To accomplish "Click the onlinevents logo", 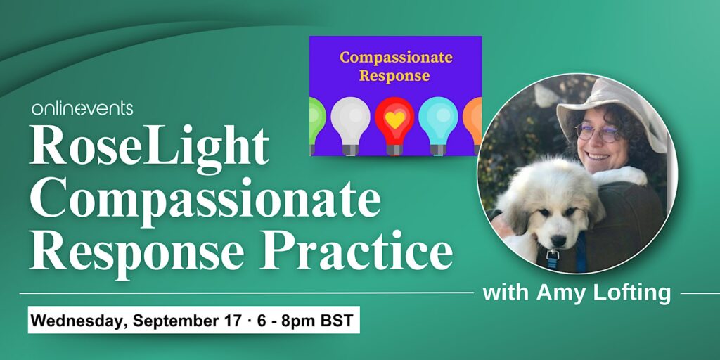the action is (82, 109).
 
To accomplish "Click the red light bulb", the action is (394, 125).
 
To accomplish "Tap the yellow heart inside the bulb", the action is (394, 120).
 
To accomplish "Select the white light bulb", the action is (350, 125).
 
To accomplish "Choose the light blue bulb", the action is (438, 125).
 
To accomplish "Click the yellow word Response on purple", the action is (394, 75).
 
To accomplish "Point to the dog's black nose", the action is (558, 240).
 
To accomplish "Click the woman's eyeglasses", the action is (596, 133).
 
